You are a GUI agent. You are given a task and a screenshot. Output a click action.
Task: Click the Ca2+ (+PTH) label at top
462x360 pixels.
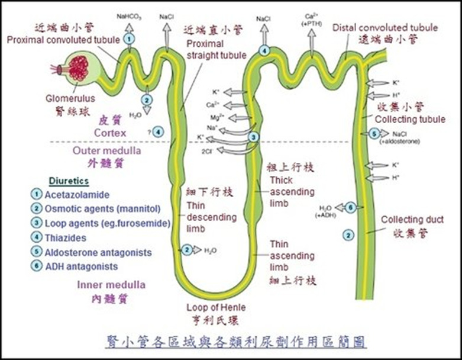coord(312,18)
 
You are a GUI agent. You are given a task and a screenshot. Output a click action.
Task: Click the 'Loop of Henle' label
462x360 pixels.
coord(216,307)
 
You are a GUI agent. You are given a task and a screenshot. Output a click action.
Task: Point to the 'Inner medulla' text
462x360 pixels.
coord(111,285)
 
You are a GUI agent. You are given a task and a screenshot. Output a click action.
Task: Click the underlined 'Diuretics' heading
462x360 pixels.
coord(69,181)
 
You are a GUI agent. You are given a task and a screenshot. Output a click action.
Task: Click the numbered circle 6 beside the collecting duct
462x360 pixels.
coord(350,207)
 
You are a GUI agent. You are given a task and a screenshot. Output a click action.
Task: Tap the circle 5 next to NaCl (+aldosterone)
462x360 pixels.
coord(374,134)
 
